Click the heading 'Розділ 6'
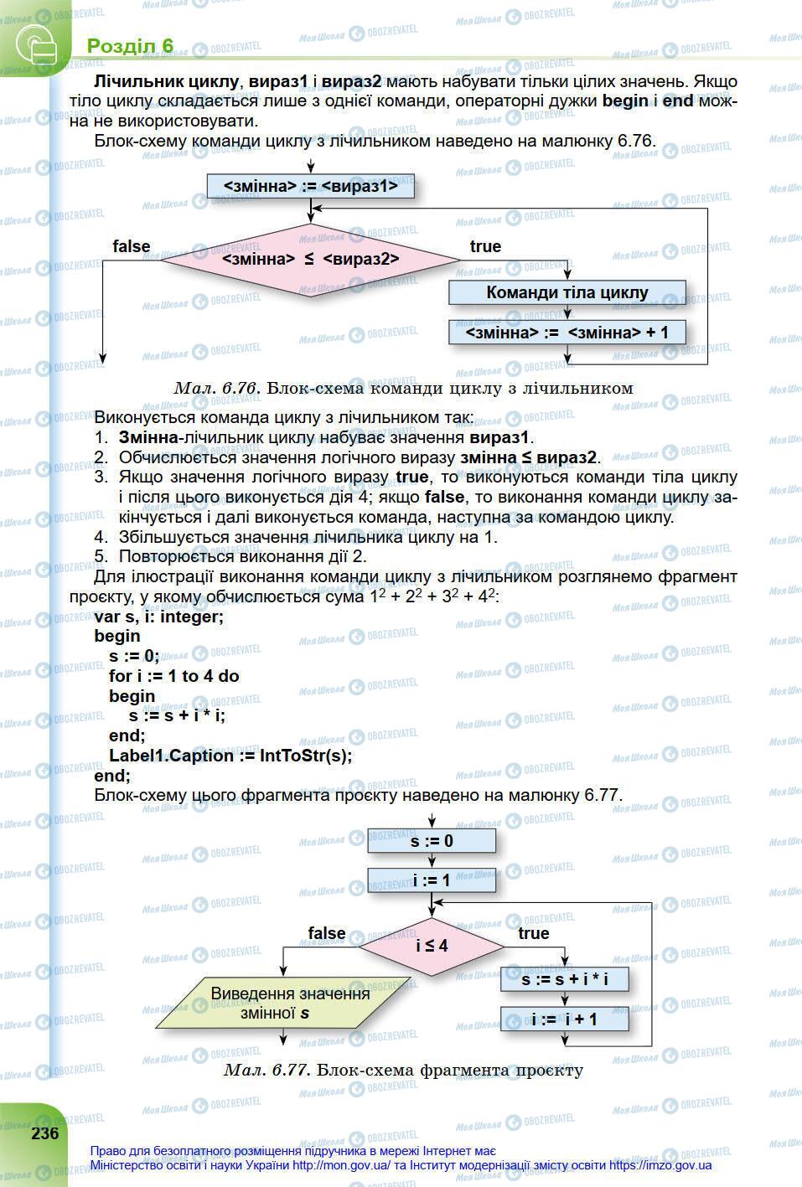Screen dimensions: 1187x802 (x=130, y=45)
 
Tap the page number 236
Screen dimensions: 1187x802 (x=45, y=1133)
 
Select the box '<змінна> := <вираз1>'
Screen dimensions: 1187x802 (x=310, y=186)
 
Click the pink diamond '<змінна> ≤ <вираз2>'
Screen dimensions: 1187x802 (x=310, y=260)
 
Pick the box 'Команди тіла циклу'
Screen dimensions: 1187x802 (x=567, y=292)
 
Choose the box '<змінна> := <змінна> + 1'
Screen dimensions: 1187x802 (x=567, y=333)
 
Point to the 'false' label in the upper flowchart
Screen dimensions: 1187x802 (x=132, y=246)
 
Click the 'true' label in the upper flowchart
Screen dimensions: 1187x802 (x=485, y=246)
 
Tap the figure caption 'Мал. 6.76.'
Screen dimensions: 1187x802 (x=217, y=388)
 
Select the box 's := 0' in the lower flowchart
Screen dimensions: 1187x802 (x=432, y=840)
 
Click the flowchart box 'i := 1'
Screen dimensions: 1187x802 (x=432, y=880)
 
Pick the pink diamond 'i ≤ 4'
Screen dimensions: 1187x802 (x=432, y=946)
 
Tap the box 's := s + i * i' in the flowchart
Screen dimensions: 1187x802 (x=564, y=978)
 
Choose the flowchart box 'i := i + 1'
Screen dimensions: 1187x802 (x=564, y=1019)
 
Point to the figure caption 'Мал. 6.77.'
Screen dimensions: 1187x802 (x=267, y=1070)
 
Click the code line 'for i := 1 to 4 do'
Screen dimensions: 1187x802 (x=173, y=675)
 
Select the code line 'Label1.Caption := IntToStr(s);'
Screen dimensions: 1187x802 (x=230, y=755)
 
